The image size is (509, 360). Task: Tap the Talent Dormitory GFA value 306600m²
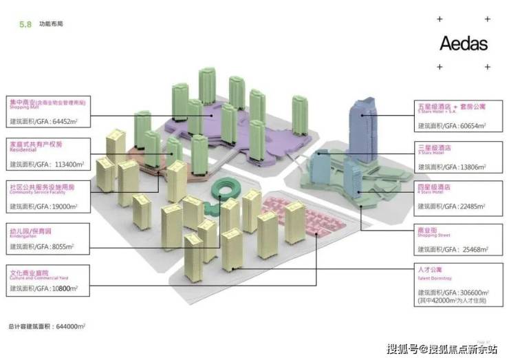(470, 292)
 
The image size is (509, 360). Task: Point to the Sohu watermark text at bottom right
(442, 349)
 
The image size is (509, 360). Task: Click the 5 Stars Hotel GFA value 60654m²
(470, 127)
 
